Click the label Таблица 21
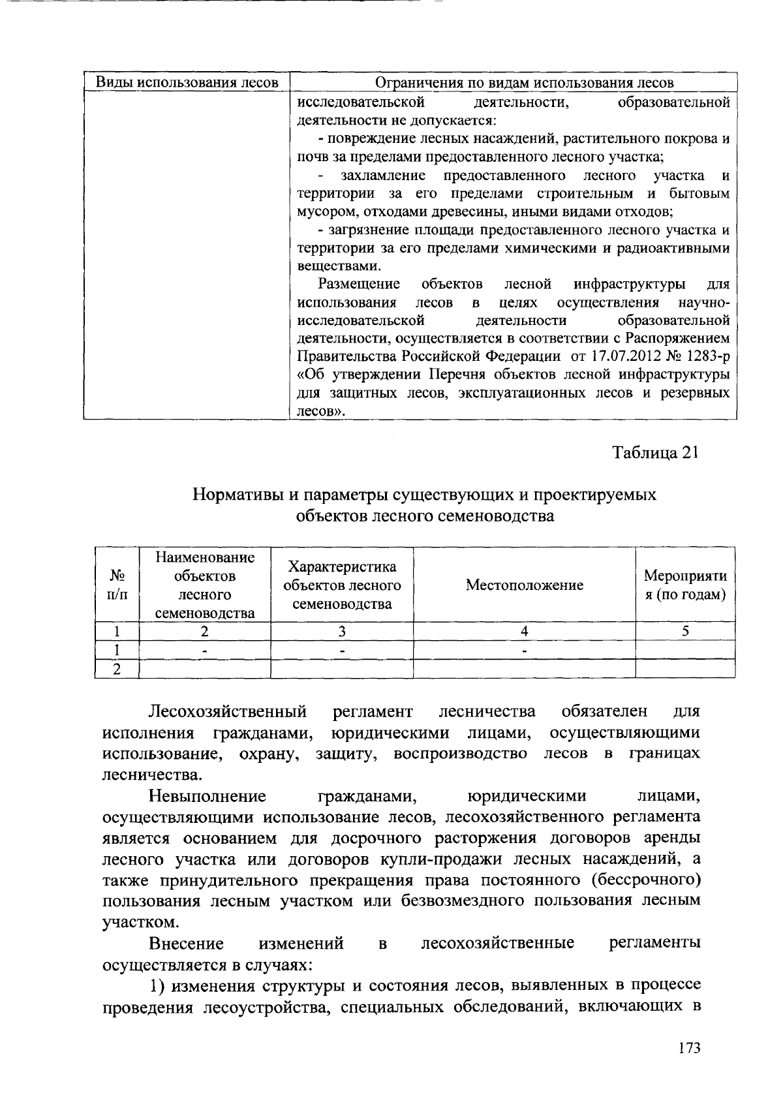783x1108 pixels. click(x=656, y=453)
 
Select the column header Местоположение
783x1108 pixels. click(x=524, y=585)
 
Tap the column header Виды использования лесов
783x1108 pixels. click(x=187, y=82)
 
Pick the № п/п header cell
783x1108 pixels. click(x=117, y=585)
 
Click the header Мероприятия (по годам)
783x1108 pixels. click(x=685, y=585)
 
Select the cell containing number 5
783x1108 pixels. click(x=685, y=631)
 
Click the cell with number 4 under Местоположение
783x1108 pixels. click(x=524, y=631)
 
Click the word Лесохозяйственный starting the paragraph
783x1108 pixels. click(x=228, y=711)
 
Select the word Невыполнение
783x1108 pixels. click(x=207, y=796)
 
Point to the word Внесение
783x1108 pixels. click(x=186, y=944)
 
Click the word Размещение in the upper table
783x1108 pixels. click(x=359, y=284)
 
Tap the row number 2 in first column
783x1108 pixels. click(x=117, y=669)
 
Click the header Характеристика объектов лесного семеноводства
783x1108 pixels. click(x=342, y=585)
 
